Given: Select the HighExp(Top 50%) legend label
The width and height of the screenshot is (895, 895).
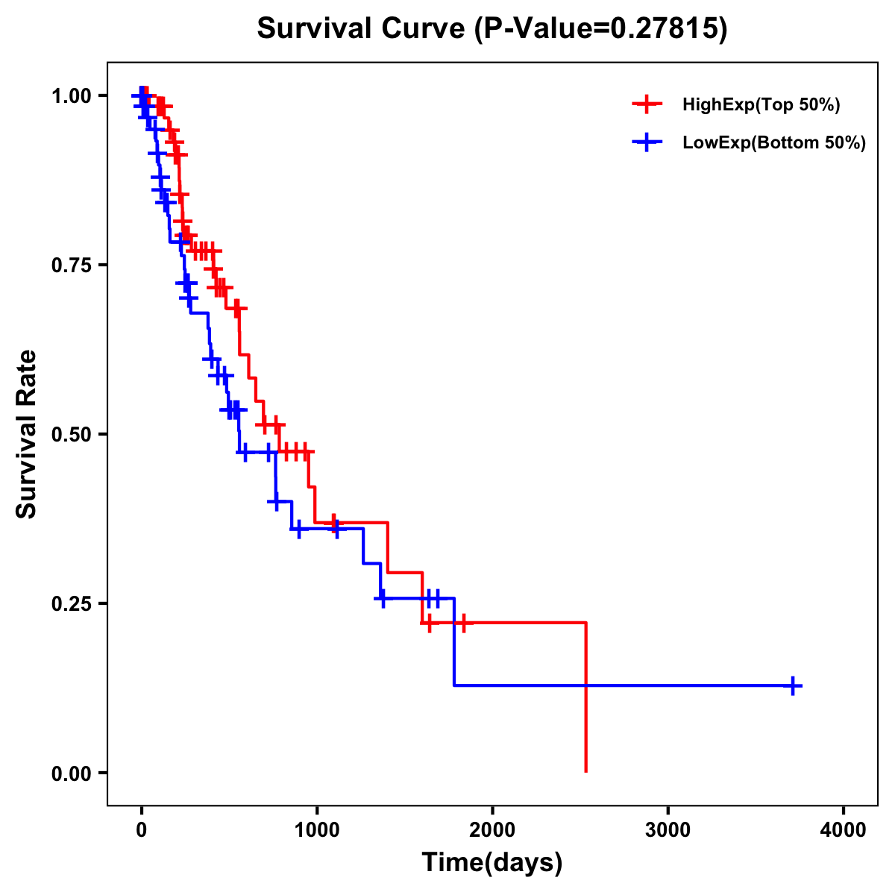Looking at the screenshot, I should pyautogui.click(x=761, y=105).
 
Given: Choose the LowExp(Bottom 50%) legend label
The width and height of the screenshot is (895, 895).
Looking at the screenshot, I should pyautogui.click(x=774, y=143).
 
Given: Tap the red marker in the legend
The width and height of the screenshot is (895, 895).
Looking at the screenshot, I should pyautogui.click(x=647, y=104).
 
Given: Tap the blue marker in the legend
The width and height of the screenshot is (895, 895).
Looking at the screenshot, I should pyautogui.click(x=647, y=142).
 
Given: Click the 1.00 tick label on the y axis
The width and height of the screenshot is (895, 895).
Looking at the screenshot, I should pyautogui.click(x=71, y=96).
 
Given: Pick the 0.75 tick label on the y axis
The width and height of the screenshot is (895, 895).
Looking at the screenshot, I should pyautogui.click(x=71, y=266).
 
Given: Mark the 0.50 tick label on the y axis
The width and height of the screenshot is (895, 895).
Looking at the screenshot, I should pyautogui.click(x=71, y=435).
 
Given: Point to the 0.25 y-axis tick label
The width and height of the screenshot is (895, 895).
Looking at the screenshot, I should pyautogui.click(x=71, y=604).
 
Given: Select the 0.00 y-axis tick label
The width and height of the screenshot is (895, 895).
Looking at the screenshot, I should pyautogui.click(x=71, y=773).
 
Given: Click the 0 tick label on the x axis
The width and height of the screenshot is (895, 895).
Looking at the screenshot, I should pyautogui.click(x=141, y=831).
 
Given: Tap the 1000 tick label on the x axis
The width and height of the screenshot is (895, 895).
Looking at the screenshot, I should pyautogui.click(x=316, y=831).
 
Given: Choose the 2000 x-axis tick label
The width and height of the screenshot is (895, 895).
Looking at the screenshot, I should pyautogui.click(x=492, y=831).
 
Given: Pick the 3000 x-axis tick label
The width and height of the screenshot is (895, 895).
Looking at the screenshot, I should pyautogui.click(x=668, y=831).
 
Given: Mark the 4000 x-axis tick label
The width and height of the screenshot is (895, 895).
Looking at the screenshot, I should pyautogui.click(x=844, y=831).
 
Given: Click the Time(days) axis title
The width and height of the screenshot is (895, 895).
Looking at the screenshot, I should pyautogui.click(x=492, y=863).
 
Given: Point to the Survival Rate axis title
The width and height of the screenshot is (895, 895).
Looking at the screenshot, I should pyautogui.click(x=27, y=434).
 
